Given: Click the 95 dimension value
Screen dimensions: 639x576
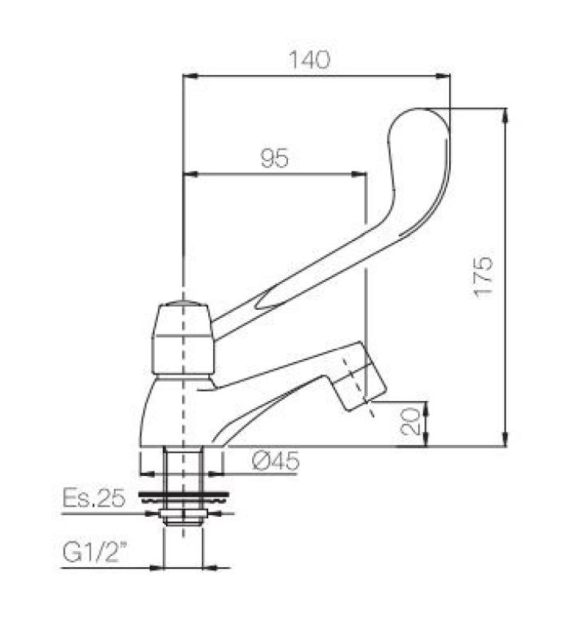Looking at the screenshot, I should point(274,159).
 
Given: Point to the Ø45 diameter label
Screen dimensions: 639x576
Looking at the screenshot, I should point(274,461).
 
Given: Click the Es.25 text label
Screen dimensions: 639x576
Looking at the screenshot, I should point(93,499).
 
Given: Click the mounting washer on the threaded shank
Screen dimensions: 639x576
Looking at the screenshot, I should point(183,497).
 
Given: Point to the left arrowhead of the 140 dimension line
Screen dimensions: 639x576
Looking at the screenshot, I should point(189,77).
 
